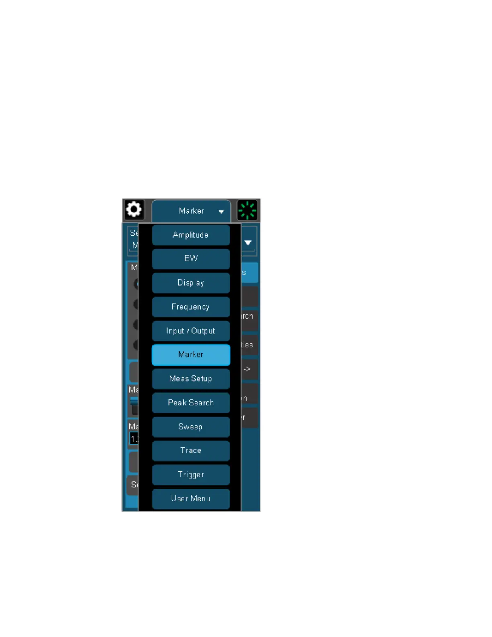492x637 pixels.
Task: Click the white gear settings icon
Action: click(x=134, y=210)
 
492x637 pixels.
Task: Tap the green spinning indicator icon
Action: click(x=247, y=210)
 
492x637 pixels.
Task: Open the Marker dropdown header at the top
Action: click(x=191, y=211)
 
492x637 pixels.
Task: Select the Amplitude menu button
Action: click(x=191, y=235)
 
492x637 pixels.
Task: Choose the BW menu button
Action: click(x=191, y=259)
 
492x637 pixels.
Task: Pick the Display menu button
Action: click(x=191, y=283)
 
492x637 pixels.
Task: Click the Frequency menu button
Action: click(x=191, y=307)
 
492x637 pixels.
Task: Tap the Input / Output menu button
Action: click(x=191, y=331)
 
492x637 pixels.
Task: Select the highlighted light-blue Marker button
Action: click(x=191, y=355)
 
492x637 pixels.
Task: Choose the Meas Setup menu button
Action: click(x=191, y=379)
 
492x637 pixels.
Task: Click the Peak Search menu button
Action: click(x=191, y=403)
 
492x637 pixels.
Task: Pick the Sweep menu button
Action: click(x=191, y=427)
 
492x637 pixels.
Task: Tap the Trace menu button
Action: click(x=191, y=451)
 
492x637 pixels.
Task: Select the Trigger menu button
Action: click(x=191, y=475)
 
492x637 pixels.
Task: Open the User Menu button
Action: click(x=191, y=499)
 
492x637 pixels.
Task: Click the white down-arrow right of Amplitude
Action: click(x=248, y=243)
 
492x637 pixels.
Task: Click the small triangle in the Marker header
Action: click(x=221, y=212)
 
